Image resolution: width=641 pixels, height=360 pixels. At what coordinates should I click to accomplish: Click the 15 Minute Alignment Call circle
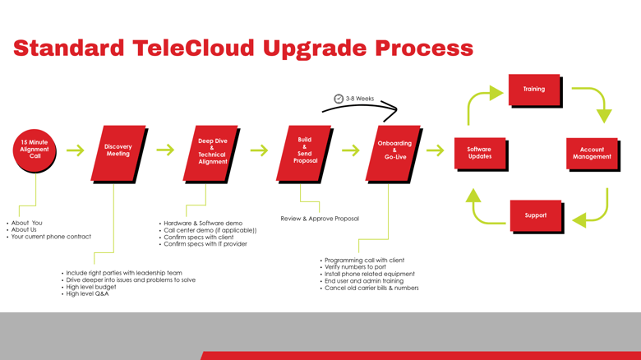(35, 150)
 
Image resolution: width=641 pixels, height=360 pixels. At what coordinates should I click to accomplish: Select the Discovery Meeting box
(118, 154)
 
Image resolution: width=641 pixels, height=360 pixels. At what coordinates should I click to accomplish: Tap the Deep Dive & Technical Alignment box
(211, 154)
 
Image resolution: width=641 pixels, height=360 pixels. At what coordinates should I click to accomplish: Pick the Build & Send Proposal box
(304, 154)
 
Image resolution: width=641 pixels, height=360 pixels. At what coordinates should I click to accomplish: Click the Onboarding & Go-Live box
(394, 154)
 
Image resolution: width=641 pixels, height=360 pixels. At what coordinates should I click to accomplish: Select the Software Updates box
(481, 154)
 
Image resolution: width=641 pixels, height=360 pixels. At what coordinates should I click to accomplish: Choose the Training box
(535, 90)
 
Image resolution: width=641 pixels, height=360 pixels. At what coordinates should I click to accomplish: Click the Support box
(537, 216)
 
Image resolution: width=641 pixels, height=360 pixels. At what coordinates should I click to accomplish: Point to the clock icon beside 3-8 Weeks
(339, 99)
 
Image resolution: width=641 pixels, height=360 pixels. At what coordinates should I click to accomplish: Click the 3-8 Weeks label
(360, 99)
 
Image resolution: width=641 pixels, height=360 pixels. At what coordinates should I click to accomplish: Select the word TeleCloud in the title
(193, 48)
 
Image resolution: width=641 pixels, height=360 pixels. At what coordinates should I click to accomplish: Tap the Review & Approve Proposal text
(320, 219)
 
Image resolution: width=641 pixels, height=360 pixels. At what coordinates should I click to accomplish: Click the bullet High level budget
(91, 287)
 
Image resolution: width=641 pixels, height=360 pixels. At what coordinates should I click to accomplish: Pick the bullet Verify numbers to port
(355, 267)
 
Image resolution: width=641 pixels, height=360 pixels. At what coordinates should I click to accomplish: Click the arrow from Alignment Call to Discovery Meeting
(76, 150)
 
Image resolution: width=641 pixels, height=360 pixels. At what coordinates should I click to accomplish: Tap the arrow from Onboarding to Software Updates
(435, 150)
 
